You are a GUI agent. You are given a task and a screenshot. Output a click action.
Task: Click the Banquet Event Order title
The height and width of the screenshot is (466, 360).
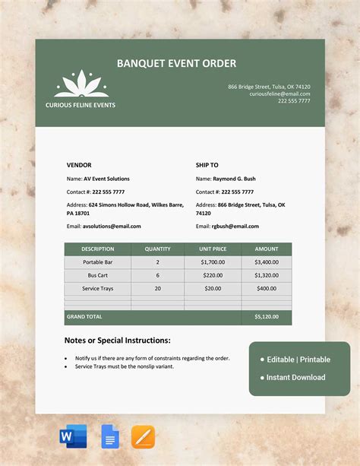tap(176, 63)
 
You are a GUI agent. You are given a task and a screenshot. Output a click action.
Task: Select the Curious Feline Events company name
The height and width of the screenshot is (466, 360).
tap(81, 105)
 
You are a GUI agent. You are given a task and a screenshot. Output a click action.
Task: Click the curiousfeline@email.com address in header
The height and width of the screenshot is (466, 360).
tap(279, 94)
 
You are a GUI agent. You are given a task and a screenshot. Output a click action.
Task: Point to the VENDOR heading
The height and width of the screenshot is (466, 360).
tap(79, 164)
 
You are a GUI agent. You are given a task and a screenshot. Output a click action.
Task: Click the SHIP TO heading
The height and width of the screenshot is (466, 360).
tap(207, 164)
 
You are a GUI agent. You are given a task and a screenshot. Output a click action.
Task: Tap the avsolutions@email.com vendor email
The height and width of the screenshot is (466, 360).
tap(112, 226)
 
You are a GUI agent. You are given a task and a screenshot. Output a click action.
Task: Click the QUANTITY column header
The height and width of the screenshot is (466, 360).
tap(157, 249)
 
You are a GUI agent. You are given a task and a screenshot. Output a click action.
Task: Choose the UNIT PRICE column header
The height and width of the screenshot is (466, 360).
tap(212, 249)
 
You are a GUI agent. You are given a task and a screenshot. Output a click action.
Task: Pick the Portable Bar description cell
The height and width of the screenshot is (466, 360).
tap(98, 262)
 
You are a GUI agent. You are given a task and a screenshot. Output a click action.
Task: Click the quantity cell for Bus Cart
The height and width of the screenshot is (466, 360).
tap(157, 275)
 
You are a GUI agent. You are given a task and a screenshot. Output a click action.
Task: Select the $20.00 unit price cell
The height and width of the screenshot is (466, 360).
tap(212, 289)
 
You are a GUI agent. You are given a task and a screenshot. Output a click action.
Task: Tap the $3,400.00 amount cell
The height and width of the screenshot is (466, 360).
tap(266, 262)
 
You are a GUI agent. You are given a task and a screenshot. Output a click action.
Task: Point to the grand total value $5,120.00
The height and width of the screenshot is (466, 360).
tap(266, 316)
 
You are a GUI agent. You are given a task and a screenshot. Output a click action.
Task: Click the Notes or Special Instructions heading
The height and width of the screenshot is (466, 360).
tap(117, 341)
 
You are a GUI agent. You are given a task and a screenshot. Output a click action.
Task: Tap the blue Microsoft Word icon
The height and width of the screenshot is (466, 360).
tap(73, 436)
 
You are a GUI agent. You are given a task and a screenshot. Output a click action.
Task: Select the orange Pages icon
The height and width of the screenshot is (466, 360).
tap(143, 436)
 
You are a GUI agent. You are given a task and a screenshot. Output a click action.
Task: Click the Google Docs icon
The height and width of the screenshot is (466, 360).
tap(109, 436)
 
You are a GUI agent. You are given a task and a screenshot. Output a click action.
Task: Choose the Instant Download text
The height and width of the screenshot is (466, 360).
tap(295, 377)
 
